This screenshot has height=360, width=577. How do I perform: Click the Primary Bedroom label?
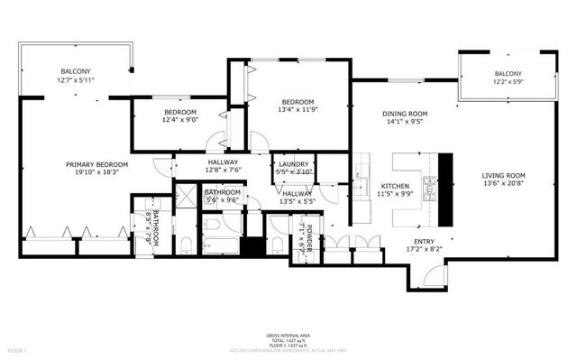(x=96, y=164)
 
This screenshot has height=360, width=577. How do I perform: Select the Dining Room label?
(x=405, y=114)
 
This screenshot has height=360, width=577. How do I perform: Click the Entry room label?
(x=424, y=241)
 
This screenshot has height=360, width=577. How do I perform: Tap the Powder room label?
(x=308, y=235)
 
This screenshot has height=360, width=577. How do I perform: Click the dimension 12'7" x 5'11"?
(x=76, y=80)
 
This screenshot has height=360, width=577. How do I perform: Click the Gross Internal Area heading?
(x=288, y=334)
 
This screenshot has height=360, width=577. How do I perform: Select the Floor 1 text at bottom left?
(x=19, y=349)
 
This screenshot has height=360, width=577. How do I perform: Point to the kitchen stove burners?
(x=430, y=188)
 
